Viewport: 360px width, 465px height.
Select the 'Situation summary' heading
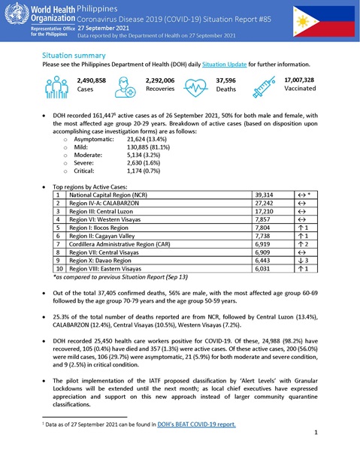pyautogui.click(x=74, y=56)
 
